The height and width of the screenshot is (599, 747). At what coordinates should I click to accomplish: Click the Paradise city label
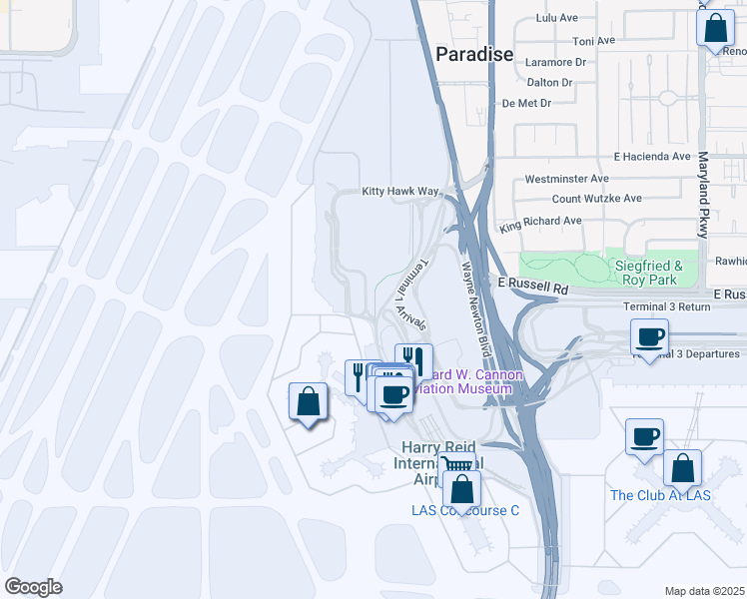point(474,54)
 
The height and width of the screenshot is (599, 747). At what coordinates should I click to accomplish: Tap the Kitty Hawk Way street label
point(400,191)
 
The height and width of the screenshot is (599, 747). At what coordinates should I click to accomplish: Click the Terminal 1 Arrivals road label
point(411,297)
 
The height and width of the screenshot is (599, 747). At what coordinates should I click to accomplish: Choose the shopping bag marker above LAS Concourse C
point(461,488)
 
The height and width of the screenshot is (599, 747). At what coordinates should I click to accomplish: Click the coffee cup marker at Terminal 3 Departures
point(650,337)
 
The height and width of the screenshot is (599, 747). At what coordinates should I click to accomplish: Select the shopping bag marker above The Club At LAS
point(683,467)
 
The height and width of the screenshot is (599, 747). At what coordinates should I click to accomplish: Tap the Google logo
point(33,587)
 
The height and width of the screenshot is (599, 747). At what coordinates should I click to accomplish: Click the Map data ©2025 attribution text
point(704,591)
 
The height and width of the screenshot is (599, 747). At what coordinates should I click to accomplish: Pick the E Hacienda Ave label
point(652,157)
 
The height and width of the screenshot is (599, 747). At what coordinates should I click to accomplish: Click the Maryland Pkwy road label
point(703,194)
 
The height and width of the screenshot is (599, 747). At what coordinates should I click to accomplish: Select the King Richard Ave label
point(540,221)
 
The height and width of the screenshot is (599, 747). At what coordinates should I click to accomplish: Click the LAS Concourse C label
point(465,510)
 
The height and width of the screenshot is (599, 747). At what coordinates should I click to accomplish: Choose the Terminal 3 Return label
point(665,306)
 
